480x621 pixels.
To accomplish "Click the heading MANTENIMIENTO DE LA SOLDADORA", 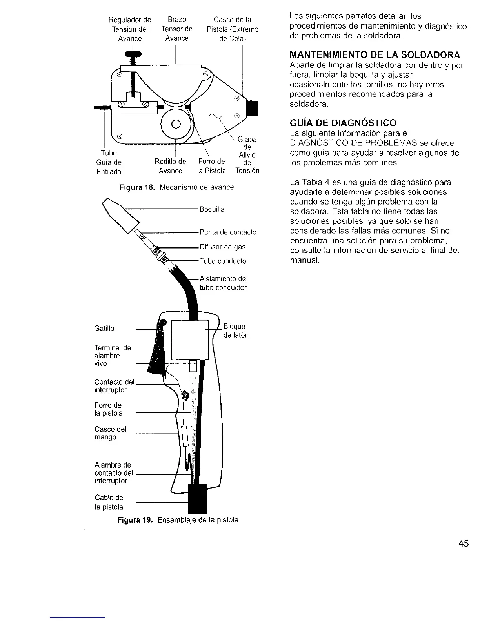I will [x=375, y=54].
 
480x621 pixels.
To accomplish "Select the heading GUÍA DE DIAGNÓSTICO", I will [x=343, y=123].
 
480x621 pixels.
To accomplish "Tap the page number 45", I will [x=463, y=543].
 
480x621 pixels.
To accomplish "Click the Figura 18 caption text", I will [x=176, y=187].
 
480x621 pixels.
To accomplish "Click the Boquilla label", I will [x=212, y=209].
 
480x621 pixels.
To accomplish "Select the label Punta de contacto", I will [x=228, y=232].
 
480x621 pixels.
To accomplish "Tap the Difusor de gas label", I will [x=222, y=247].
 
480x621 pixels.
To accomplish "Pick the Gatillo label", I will [x=104, y=329].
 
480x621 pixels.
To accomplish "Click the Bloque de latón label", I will [x=235, y=331].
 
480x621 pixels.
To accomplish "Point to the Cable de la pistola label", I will [x=109, y=502].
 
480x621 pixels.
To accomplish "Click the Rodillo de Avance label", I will [x=170, y=166].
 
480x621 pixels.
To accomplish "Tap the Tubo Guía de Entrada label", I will [x=109, y=162].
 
